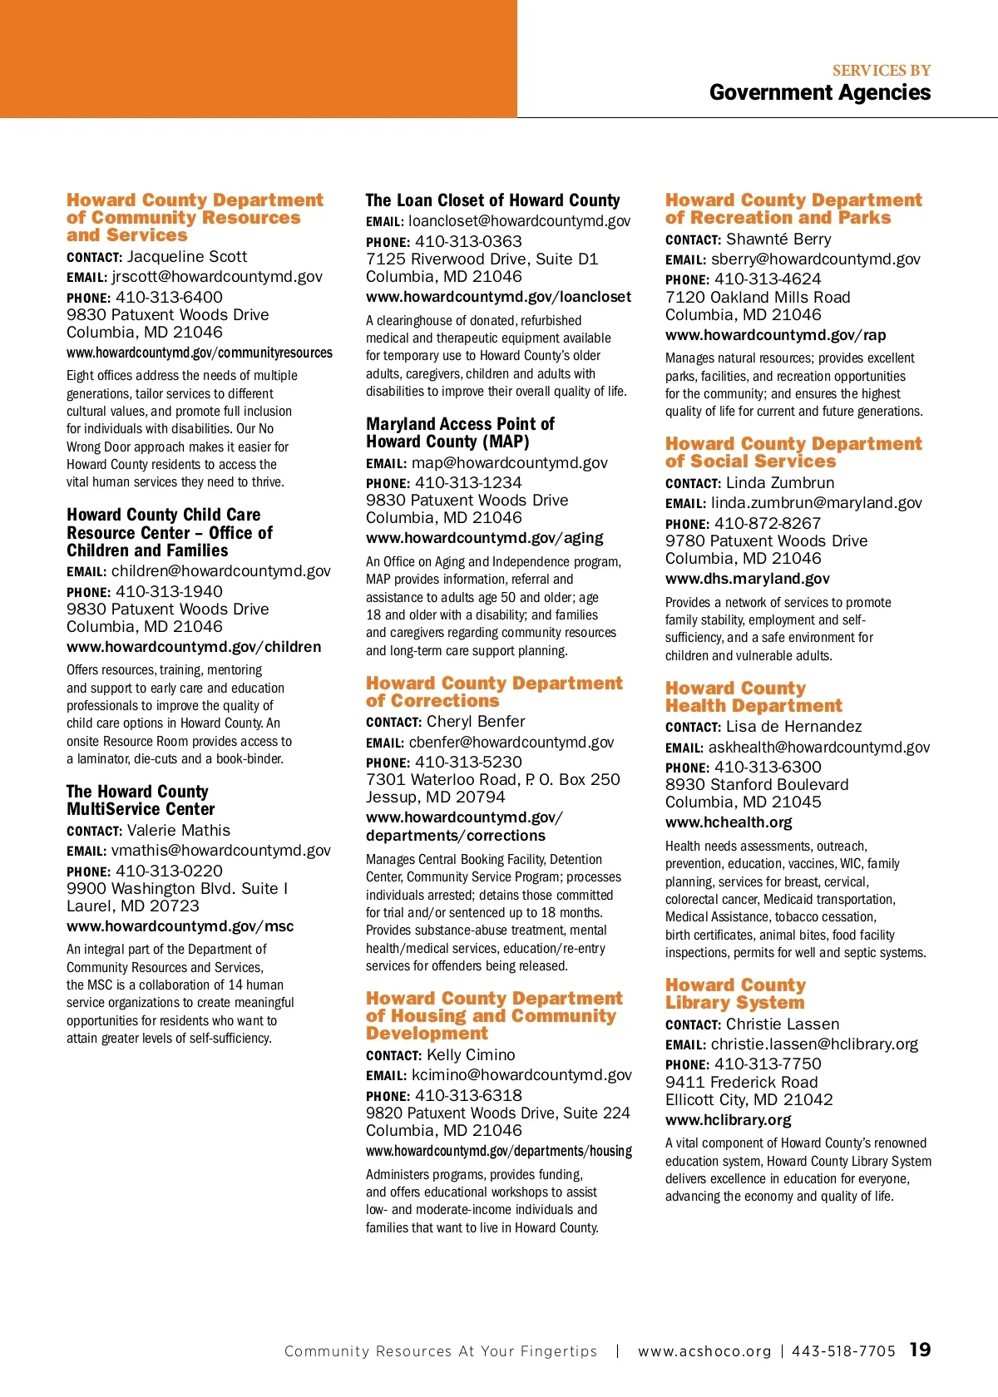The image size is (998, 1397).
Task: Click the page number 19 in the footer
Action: [920, 1350]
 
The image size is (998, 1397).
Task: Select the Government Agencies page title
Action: [819, 92]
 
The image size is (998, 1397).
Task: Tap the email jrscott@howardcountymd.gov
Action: [217, 277]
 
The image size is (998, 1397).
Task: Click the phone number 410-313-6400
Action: [169, 297]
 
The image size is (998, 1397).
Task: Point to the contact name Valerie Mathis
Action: [178, 830]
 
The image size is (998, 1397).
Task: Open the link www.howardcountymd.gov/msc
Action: [180, 926]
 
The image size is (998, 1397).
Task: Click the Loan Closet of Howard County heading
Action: [492, 200]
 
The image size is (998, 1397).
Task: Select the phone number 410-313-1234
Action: [468, 482]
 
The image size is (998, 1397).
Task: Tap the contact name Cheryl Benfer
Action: [476, 722]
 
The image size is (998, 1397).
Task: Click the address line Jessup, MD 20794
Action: [435, 797]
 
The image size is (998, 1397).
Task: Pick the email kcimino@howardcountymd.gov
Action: [521, 1075]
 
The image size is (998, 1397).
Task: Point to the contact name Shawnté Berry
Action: [778, 239]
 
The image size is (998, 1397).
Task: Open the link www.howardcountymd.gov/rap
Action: [775, 335]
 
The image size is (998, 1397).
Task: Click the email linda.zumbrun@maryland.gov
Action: [816, 503]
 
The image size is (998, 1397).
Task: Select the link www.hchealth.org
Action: [729, 822]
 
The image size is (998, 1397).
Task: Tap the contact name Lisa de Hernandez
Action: [793, 727]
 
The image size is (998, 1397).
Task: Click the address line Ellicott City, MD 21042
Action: [748, 1099]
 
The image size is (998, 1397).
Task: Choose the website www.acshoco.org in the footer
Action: [704, 1351]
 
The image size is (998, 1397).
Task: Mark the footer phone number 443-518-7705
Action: [843, 1351]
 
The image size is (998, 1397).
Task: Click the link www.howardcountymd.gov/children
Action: [194, 647]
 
